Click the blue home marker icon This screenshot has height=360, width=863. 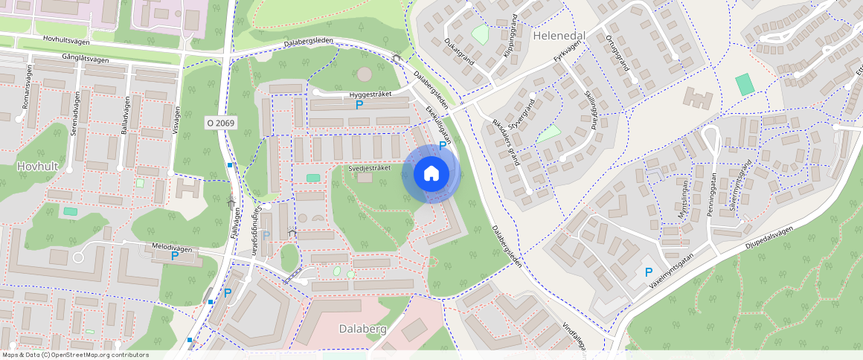pyautogui.click(x=431, y=174)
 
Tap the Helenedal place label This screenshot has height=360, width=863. pyautogui.click(x=559, y=35)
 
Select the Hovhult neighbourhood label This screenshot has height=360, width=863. pyautogui.click(x=38, y=167)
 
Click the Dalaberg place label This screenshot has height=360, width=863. pyautogui.click(x=362, y=328)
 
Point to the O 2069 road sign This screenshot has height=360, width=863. pyautogui.click(x=221, y=122)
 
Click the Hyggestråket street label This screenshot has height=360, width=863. pyautogui.click(x=369, y=95)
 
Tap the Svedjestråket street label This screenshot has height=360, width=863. pyautogui.click(x=370, y=169)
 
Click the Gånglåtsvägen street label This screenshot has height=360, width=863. pyautogui.click(x=76, y=60)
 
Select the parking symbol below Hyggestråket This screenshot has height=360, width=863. pyautogui.click(x=359, y=106)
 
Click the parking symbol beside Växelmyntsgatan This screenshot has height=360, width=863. pyautogui.click(x=648, y=273)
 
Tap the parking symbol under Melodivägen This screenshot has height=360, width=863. pyautogui.click(x=175, y=256)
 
